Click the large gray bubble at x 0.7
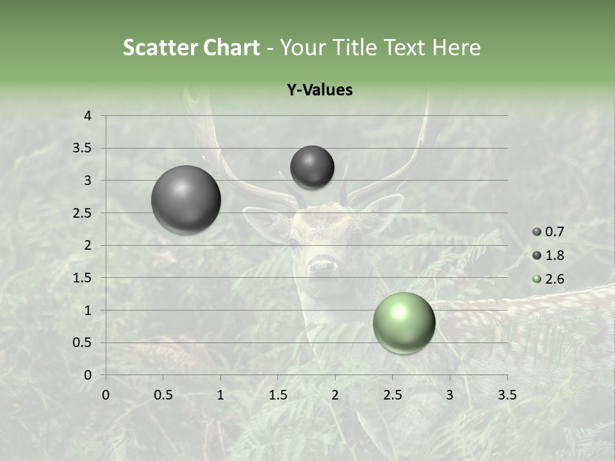tap(186, 200)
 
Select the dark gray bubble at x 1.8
tap(312, 167)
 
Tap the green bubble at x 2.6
tap(404, 323)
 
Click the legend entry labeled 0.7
tap(548, 232)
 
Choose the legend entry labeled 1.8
tap(548, 255)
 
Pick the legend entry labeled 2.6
tap(548, 279)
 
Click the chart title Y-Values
tap(320, 90)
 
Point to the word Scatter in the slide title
tap(160, 47)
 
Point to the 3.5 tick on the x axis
tap(507, 395)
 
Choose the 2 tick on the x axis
tap(335, 395)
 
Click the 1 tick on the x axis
tap(220, 395)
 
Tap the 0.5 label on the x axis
tap(163, 395)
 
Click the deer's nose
tap(322, 267)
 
